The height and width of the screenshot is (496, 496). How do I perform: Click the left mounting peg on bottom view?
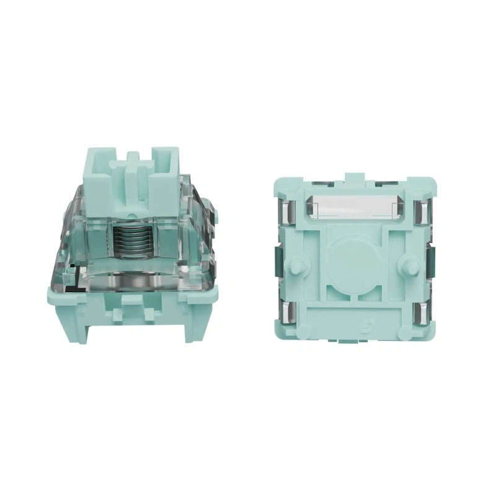point(297,265)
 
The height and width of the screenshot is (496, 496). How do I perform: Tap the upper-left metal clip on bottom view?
point(286,211)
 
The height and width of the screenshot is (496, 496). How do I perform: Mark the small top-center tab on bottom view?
point(353,178)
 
